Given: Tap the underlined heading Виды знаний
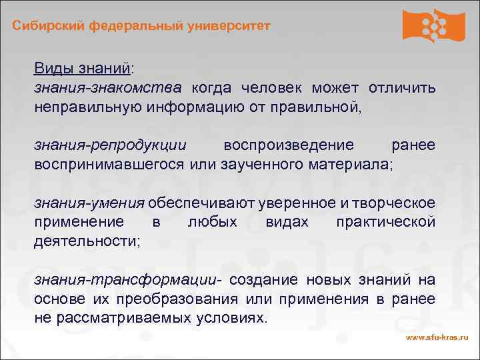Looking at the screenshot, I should (x=83, y=69).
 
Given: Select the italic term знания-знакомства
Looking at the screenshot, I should (x=107, y=88).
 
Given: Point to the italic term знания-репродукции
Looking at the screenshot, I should (x=110, y=145).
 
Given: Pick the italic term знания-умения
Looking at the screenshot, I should (x=89, y=203).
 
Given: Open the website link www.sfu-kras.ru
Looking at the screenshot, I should (x=437, y=339).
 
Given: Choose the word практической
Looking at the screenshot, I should (x=386, y=221).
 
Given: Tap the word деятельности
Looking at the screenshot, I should (x=86, y=240).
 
